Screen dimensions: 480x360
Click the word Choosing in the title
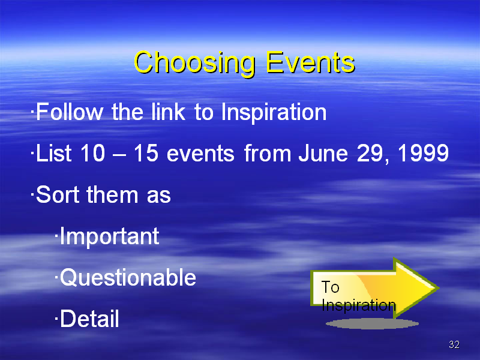[x=194, y=64]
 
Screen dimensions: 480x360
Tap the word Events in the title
[x=310, y=62]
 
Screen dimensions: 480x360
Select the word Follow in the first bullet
[x=70, y=112]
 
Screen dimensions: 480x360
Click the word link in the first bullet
[x=169, y=112]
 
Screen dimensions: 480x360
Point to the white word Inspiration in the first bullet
[x=274, y=113]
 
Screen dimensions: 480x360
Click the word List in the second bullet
[x=54, y=153]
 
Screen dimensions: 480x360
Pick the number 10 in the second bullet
[x=92, y=153]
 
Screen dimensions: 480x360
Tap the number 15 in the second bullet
[x=146, y=153]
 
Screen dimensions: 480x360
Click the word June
[x=323, y=153]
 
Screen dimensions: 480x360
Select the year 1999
[x=424, y=153]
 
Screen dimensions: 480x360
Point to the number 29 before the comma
[x=370, y=153]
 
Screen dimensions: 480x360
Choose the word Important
[x=110, y=236]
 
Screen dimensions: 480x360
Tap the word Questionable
[x=128, y=277]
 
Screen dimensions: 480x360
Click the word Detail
[x=89, y=319]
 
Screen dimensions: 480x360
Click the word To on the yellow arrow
[x=331, y=287]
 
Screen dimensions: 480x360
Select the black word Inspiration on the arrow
[x=358, y=305]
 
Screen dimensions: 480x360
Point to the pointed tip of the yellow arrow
[x=439, y=287]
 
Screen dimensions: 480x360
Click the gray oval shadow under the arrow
[x=372, y=323]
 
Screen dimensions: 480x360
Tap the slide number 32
[x=454, y=344]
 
